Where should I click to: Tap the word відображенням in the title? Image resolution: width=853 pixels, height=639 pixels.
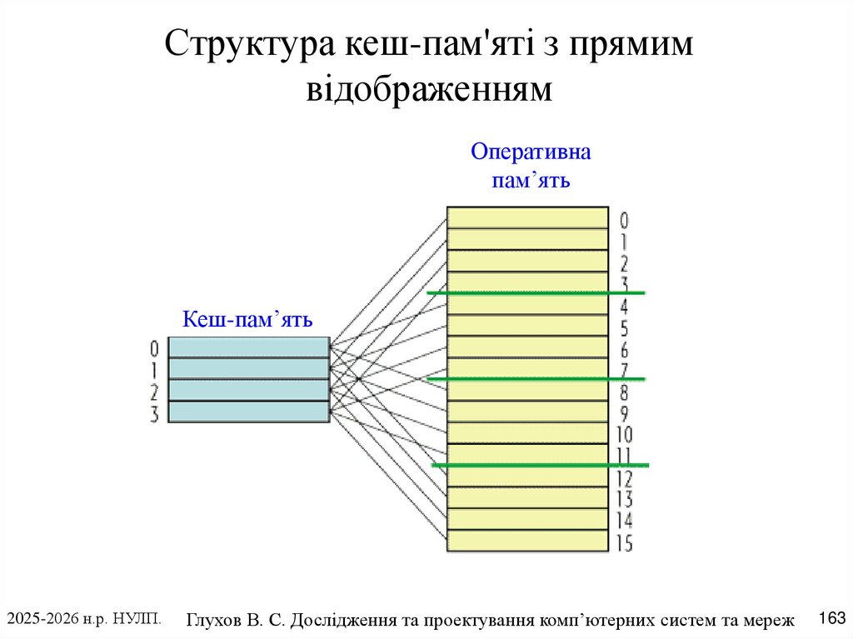[x=429, y=88]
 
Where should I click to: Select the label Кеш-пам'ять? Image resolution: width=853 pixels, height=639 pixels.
[x=247, y=319]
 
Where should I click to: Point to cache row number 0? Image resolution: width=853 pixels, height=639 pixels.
[x=154, y=347]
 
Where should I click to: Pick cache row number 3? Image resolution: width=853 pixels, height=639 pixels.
[x=154, y=414]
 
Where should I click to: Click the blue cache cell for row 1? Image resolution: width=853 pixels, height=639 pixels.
[x=248, y=368]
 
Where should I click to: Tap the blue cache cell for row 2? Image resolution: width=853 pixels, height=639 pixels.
[x=248, y=390]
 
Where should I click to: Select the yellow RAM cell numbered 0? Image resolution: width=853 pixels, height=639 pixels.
[x=527, y=217]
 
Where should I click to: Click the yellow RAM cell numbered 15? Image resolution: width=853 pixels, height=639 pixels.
[x=527, y=542]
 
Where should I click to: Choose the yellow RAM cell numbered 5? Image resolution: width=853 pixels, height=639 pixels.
[x=527, y=326]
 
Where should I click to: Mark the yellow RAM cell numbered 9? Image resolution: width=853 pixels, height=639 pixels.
[x=527, y=412]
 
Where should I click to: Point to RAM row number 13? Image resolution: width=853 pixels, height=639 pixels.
[x=624, y=500]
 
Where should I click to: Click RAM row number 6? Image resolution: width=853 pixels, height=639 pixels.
[x=624, y=350]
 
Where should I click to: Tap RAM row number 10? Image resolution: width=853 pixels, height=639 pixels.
[x=624, y=435]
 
